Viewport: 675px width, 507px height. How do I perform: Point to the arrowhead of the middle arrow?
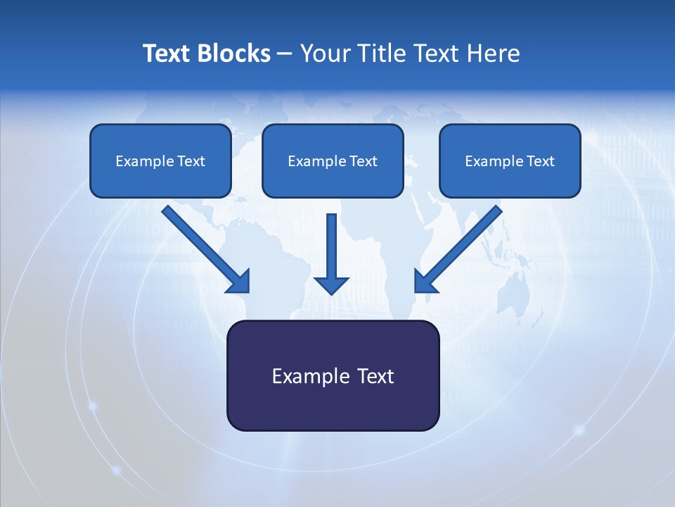331,284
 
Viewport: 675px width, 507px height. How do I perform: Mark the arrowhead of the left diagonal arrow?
239,281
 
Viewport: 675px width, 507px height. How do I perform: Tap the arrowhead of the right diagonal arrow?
425,281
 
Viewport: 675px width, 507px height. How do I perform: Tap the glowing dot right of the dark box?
579,429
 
